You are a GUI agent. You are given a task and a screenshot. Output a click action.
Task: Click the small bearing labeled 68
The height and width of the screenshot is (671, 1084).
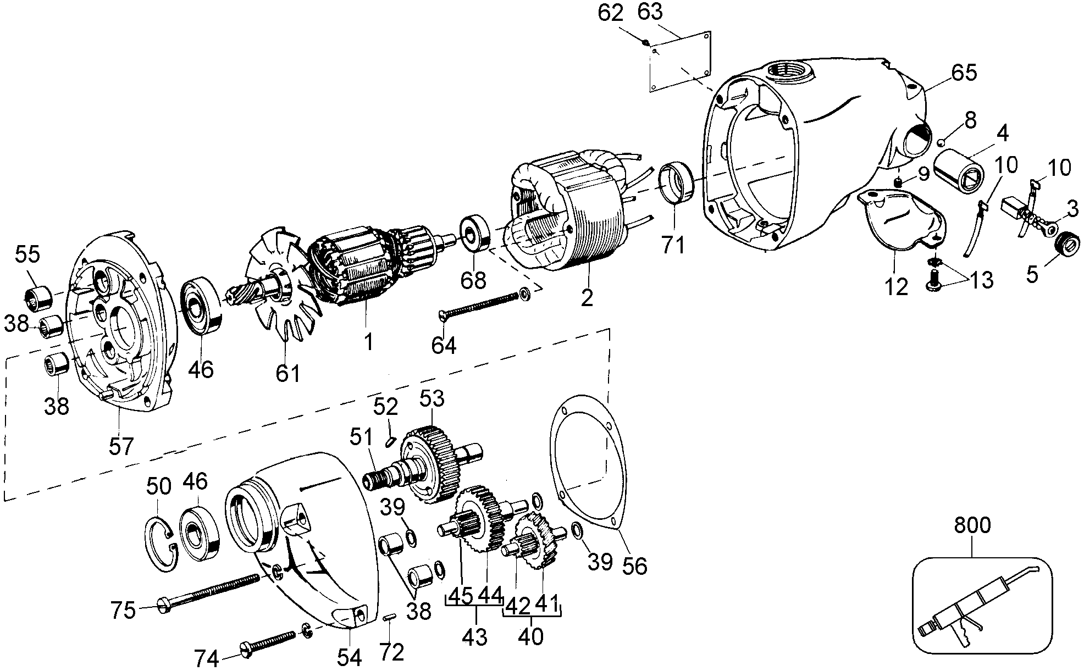[473, 234]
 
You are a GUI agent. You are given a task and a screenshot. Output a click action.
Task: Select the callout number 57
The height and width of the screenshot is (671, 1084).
[120, 446]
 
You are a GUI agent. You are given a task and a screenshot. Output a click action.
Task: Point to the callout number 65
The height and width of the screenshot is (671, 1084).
[965, 73]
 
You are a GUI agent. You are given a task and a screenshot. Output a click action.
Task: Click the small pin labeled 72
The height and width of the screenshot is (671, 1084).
[389, 618]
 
